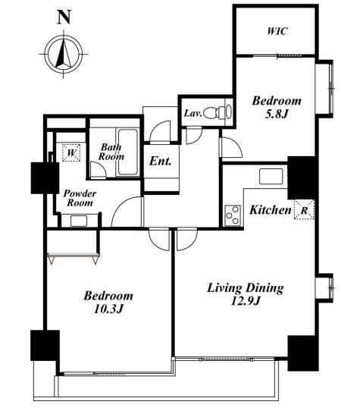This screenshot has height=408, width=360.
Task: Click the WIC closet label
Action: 277,31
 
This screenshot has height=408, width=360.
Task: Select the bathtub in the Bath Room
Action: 128,152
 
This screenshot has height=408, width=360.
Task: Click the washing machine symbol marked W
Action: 71,152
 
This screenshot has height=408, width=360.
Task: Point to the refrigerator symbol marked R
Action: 305,209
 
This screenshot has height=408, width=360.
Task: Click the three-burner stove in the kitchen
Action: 233,215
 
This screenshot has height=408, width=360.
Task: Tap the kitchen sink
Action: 271,177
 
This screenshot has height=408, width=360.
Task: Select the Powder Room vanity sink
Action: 79,221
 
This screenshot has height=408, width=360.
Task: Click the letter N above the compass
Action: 64,17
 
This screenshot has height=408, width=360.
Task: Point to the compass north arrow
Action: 63,53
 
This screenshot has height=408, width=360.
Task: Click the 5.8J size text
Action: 277,114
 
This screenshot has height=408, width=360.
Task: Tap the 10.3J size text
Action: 108,309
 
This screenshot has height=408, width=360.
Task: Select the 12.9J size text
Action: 246,301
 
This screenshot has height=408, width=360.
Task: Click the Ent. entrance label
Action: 161,162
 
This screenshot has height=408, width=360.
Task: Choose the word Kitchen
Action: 271,210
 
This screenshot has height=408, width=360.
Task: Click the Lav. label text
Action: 193,114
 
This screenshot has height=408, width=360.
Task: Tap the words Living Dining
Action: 246,289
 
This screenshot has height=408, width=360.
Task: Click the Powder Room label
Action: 80,198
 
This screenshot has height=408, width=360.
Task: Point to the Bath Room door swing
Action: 98,170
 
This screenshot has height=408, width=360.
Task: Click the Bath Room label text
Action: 111,152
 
